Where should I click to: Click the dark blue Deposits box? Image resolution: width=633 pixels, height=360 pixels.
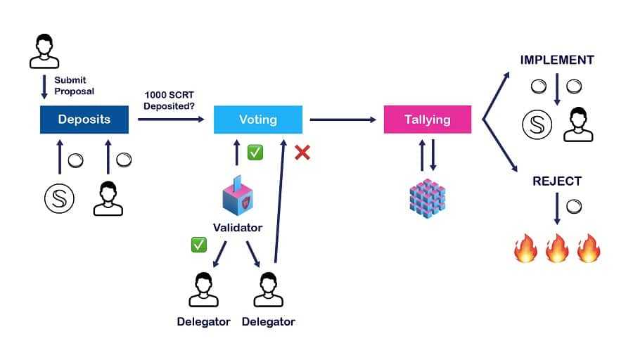[84, 120]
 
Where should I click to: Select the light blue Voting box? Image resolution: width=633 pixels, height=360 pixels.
[257, 120]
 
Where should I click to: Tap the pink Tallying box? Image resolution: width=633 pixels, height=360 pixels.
[427, 120]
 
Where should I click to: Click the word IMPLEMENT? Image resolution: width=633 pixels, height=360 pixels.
[556, 60]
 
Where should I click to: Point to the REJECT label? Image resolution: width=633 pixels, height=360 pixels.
[556, 181]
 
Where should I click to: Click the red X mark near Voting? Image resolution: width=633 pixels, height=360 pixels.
[302, 153]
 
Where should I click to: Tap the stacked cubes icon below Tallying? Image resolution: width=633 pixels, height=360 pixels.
[427, 196]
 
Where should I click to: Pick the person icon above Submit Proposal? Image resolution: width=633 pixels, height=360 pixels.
[44, 50]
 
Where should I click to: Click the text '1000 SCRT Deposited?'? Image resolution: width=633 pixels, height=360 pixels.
[170, 100]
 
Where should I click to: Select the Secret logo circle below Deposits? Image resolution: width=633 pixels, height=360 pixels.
[60, 200]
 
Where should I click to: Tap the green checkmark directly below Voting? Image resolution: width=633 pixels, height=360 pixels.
[255, 153]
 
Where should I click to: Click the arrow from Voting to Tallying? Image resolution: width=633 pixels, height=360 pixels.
[343, 120]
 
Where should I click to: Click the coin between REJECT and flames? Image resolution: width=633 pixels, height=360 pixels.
[573, 205]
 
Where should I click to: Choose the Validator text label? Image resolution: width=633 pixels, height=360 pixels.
[238, 228]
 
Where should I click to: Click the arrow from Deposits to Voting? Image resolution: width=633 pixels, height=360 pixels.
[171, 120]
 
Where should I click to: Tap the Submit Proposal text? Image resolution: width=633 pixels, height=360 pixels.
[74, 86]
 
